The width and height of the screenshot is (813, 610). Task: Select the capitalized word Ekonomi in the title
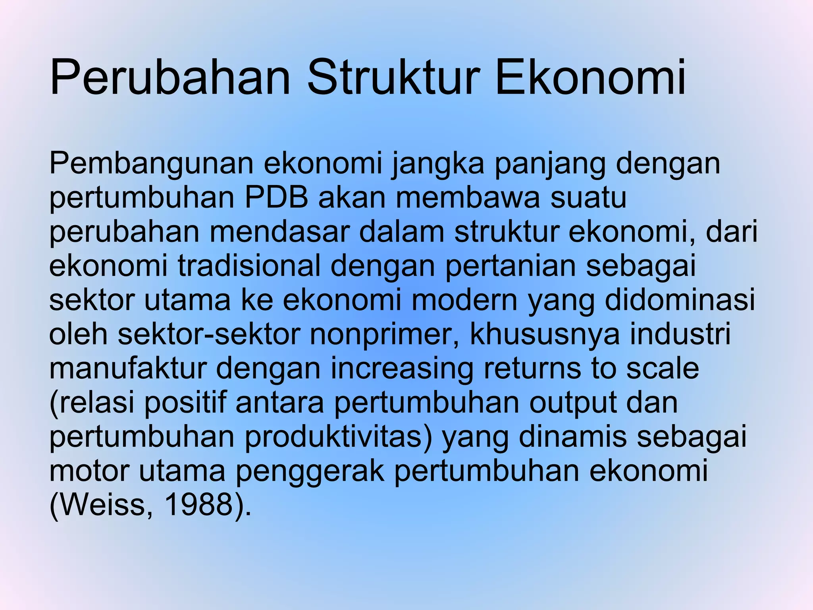tap(591, 77)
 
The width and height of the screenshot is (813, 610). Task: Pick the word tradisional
tap(249, 266)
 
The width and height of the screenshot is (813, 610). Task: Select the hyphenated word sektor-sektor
tap(208, 334)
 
